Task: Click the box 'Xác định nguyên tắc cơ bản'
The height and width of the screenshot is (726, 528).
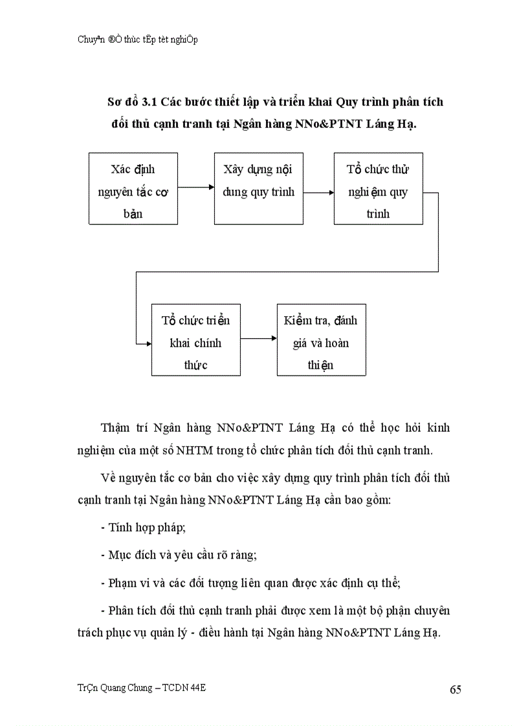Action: point(133,189)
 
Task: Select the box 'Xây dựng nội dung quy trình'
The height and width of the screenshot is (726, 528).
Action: point(258,189)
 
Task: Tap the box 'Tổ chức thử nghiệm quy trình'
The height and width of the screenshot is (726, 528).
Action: point(378,189)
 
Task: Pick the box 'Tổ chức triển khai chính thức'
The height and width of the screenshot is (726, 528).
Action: point(195,340)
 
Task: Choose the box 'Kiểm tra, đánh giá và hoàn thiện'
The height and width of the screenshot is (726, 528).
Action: point(321,340)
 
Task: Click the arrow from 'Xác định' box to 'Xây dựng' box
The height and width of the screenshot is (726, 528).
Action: point(195,187)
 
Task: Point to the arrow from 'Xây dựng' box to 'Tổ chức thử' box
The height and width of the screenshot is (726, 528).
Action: point(318,192)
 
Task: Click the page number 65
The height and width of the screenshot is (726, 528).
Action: point(456,689)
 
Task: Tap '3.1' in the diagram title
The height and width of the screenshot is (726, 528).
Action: point(151,102)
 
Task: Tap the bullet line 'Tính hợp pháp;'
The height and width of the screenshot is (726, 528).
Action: point(144,528)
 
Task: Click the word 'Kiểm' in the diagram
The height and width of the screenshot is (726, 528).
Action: point(298,321)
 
